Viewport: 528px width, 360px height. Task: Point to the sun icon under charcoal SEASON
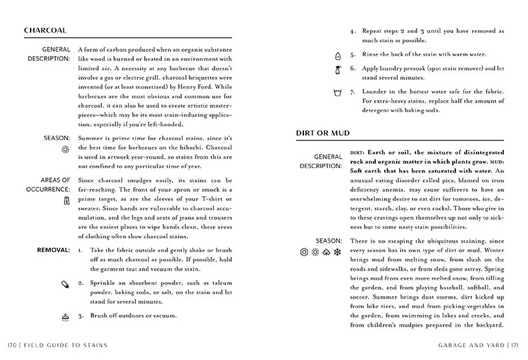pyautogui.click(x=65, y=151)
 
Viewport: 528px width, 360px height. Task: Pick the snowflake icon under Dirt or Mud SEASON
pyautogui.click(x=337, y=252)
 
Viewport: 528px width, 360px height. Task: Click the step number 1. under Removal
pyautogui.click(x=80, y=250)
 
